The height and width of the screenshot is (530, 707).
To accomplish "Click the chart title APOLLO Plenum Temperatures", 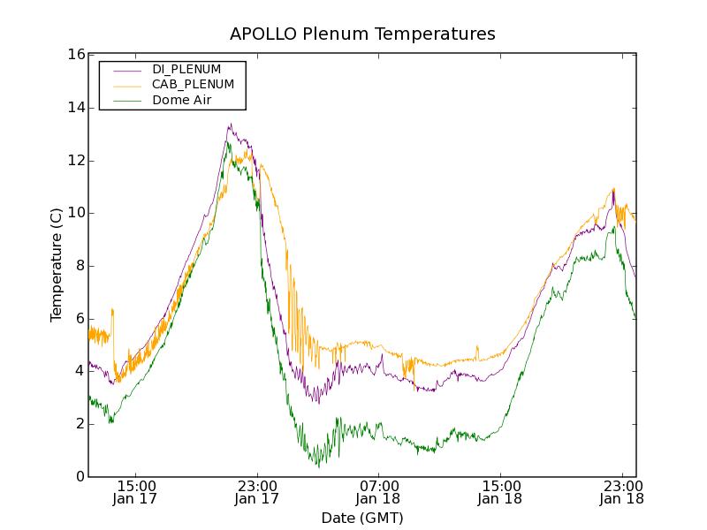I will point(362,34).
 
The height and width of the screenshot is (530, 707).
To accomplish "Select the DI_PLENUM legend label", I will point(186,69).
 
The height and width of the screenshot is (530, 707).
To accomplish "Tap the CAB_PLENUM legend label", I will point(193,85).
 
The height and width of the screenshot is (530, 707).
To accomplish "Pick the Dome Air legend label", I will point(181,100).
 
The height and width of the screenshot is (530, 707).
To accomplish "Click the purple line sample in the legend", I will point(127,69).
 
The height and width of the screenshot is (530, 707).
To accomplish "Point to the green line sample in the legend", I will point(127,101).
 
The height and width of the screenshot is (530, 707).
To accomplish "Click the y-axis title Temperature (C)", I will point(57,265).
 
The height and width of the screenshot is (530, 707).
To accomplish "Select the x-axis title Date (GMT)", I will point(362,518).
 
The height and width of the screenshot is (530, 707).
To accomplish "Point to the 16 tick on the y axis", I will point(76,55).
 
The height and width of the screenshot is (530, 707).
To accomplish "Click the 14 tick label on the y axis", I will point(76,108).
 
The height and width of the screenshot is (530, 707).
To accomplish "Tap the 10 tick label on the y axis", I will point(76,213).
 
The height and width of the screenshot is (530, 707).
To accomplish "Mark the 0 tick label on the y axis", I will point(80,476).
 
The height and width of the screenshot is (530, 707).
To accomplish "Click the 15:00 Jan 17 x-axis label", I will point(136,492).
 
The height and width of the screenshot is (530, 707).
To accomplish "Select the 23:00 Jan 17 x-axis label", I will point(257,492).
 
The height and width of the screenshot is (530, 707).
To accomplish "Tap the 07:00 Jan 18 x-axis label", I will point(378,492).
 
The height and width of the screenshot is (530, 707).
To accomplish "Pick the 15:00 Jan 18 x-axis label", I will point(499,492).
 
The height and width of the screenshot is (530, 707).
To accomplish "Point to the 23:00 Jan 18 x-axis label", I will point(620,492).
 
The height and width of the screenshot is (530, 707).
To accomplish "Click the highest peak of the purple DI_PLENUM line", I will point(230,124).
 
